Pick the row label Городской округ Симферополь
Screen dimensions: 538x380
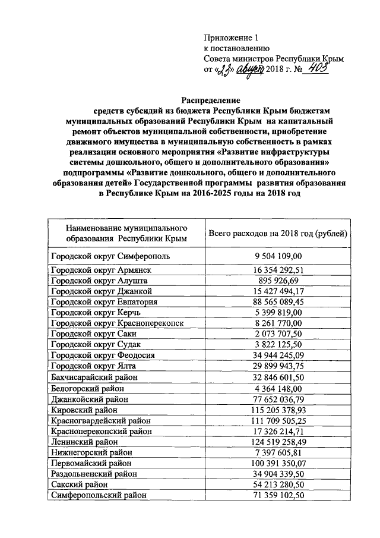(x=111, y=256)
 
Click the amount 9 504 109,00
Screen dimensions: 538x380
(x=278, y=256)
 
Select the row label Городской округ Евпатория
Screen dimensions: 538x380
(x=104, y=302)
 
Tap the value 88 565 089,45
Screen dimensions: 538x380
(x=278, y=302)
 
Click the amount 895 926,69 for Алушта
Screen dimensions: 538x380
(x=278, y=281)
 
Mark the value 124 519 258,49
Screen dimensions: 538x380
(x=278, y=442)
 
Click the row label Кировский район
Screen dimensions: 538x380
(x=85, y=410)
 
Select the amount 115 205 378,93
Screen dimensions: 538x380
(x=278, y=410)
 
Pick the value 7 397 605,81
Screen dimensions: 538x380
(x=278, y=452)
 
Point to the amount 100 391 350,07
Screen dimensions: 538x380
(x=278, y=463)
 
